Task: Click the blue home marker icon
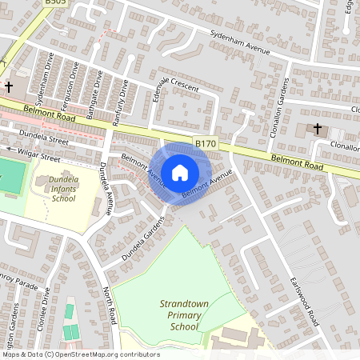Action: (180, 172)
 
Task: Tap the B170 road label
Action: (206, 144)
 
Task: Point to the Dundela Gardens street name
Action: (142, 241)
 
